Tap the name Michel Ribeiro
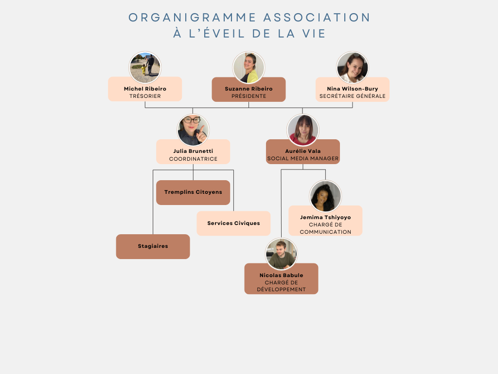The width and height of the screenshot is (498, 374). tap(145, 89)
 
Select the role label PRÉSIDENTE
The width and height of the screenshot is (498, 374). tap(249, 96)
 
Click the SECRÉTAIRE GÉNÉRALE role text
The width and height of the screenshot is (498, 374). tap(353, 96)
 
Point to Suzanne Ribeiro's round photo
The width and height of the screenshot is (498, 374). tap(249, 67)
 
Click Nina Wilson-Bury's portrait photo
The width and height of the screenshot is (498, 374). tap(353, 67)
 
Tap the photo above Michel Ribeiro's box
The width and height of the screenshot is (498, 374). tap(145, 67)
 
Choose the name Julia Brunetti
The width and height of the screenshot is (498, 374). tap(193, 151)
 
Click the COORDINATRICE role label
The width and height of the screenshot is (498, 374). tap(193, 159)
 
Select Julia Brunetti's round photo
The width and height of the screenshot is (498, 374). tap(193, 130)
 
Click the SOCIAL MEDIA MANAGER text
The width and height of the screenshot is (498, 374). tap(303, 158)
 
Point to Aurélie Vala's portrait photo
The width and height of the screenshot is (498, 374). tap(303, 130)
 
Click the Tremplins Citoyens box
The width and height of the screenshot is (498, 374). tap(193, 192)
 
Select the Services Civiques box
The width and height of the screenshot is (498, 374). tap(233, 223)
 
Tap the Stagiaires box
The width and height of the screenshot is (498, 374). tap(153, 246)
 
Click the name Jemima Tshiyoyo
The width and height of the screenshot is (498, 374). tap(325, 217)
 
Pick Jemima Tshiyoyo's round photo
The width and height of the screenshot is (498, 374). tap(325, 196)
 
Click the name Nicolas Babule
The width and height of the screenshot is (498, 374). tap(282, 275)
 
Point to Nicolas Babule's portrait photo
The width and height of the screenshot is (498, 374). tap(282, 254)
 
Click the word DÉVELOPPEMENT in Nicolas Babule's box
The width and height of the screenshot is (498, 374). tap(282, 289)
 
